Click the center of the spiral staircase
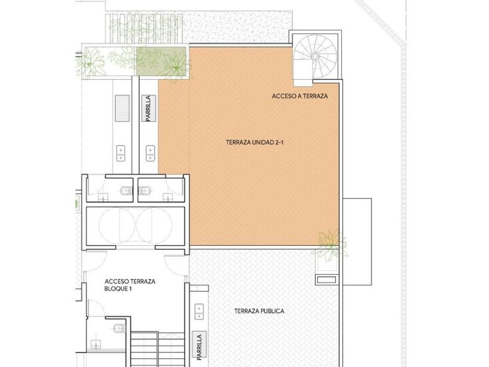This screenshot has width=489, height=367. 315,57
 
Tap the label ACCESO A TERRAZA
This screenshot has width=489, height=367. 300,96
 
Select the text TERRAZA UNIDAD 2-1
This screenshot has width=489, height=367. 254,143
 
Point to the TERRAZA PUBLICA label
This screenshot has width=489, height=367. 259,311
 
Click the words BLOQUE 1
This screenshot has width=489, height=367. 118,289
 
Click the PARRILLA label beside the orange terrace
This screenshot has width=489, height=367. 148,108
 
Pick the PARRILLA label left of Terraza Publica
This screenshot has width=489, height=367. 200,347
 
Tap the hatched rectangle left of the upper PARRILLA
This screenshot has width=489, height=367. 122,108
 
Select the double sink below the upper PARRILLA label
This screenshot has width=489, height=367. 150,154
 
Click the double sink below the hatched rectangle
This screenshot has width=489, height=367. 121,154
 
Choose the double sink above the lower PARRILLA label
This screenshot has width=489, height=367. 199,312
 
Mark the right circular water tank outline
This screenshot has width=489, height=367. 154,224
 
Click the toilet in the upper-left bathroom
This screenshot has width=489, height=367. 127,190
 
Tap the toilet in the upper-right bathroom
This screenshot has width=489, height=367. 144,190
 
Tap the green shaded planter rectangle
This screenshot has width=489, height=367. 161,61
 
